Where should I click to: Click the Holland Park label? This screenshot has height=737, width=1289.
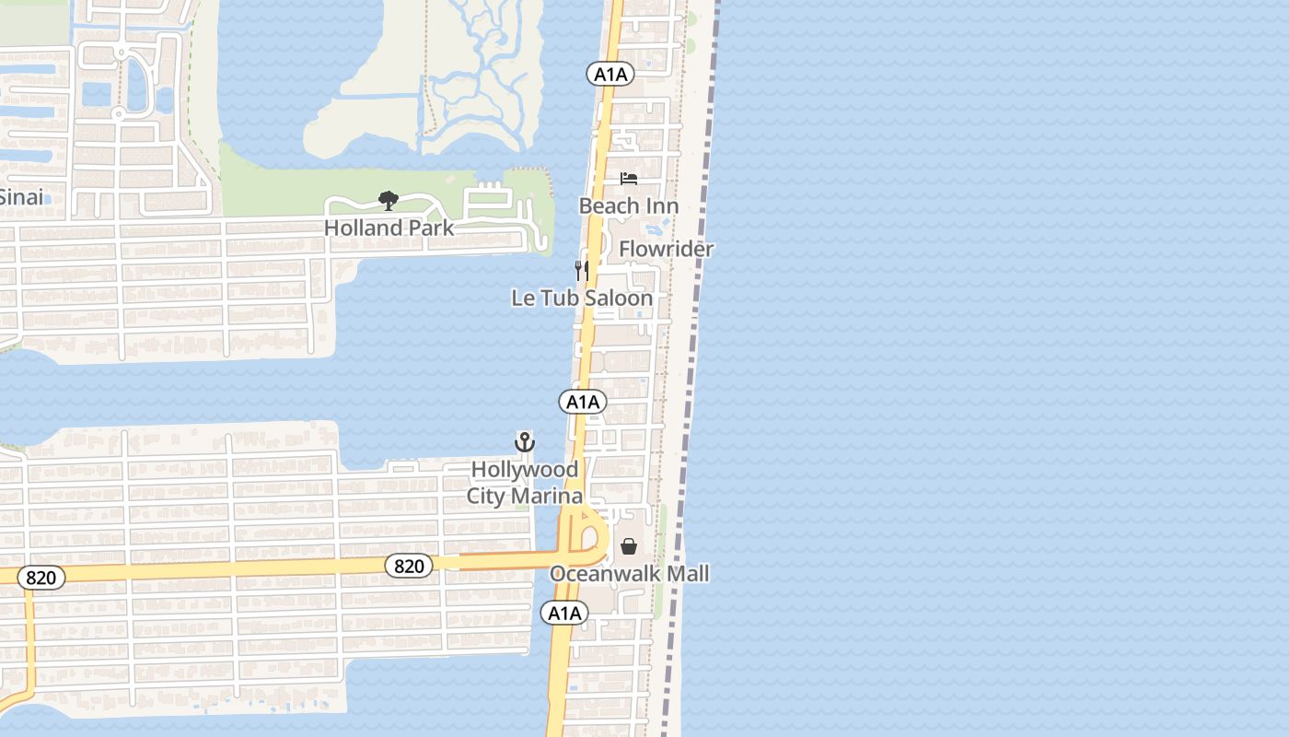coord(389,228)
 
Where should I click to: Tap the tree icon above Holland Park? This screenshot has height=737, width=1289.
coord(389,200)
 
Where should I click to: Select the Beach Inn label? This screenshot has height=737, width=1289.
coord(629,205)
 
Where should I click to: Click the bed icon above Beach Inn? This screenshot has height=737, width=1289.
coord(629,178)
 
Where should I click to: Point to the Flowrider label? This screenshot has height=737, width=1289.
coord(666,249)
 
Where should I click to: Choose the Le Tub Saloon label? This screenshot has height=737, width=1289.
coord(582,298)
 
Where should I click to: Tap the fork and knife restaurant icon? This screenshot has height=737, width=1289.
coord(582,270)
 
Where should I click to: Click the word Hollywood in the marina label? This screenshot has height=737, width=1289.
coord(525,469)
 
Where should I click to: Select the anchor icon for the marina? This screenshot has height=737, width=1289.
coord(524,442)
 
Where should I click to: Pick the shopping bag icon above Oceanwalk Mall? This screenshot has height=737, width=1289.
coord(629,546)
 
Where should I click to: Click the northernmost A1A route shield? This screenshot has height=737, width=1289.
coord(610,74)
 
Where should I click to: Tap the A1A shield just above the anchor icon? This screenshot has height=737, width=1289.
coord(583,402)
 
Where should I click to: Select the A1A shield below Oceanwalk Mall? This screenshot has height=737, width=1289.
coord(564,613)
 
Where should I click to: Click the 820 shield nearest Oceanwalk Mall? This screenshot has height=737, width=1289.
coord(409,566)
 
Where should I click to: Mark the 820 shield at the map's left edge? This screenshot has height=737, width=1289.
coord(41,579)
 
